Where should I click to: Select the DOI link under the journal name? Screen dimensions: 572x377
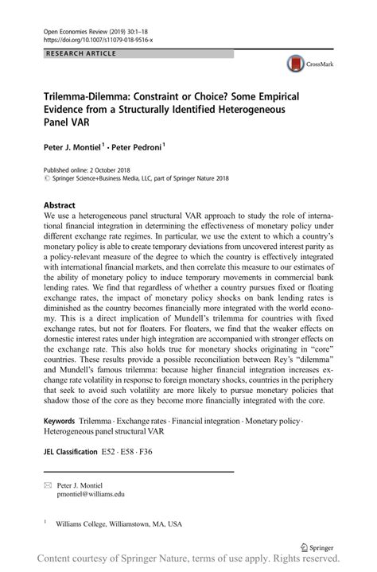[97, 38]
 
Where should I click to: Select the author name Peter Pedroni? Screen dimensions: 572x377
[135, 148]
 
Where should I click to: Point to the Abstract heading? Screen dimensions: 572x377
[60, 204]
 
